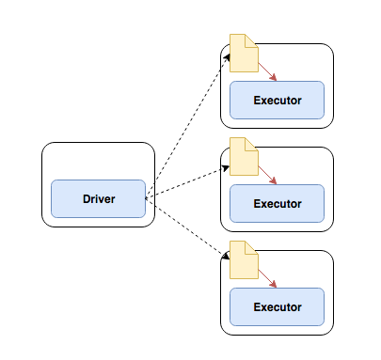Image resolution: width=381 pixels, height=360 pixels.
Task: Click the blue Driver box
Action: tap(98, 198)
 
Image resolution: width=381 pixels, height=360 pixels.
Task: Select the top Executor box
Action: tap(277, 101)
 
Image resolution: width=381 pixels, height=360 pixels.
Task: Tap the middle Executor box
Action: tap(277, 203)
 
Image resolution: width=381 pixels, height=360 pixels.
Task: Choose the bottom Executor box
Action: tap(277, 306)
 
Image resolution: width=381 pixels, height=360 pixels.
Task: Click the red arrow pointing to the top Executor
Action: tap(267, 71)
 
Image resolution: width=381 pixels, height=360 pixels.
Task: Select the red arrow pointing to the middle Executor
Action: tap(267, 175)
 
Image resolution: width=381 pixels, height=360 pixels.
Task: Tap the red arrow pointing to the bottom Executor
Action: tap(267, 278)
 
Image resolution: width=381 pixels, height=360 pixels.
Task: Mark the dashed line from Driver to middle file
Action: tap(188, 182)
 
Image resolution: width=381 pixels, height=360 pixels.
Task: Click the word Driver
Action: tap(98, 198)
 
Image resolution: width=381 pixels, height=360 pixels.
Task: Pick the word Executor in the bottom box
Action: tap(277, 306)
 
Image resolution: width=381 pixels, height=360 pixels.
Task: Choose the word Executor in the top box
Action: tap(277, 101)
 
